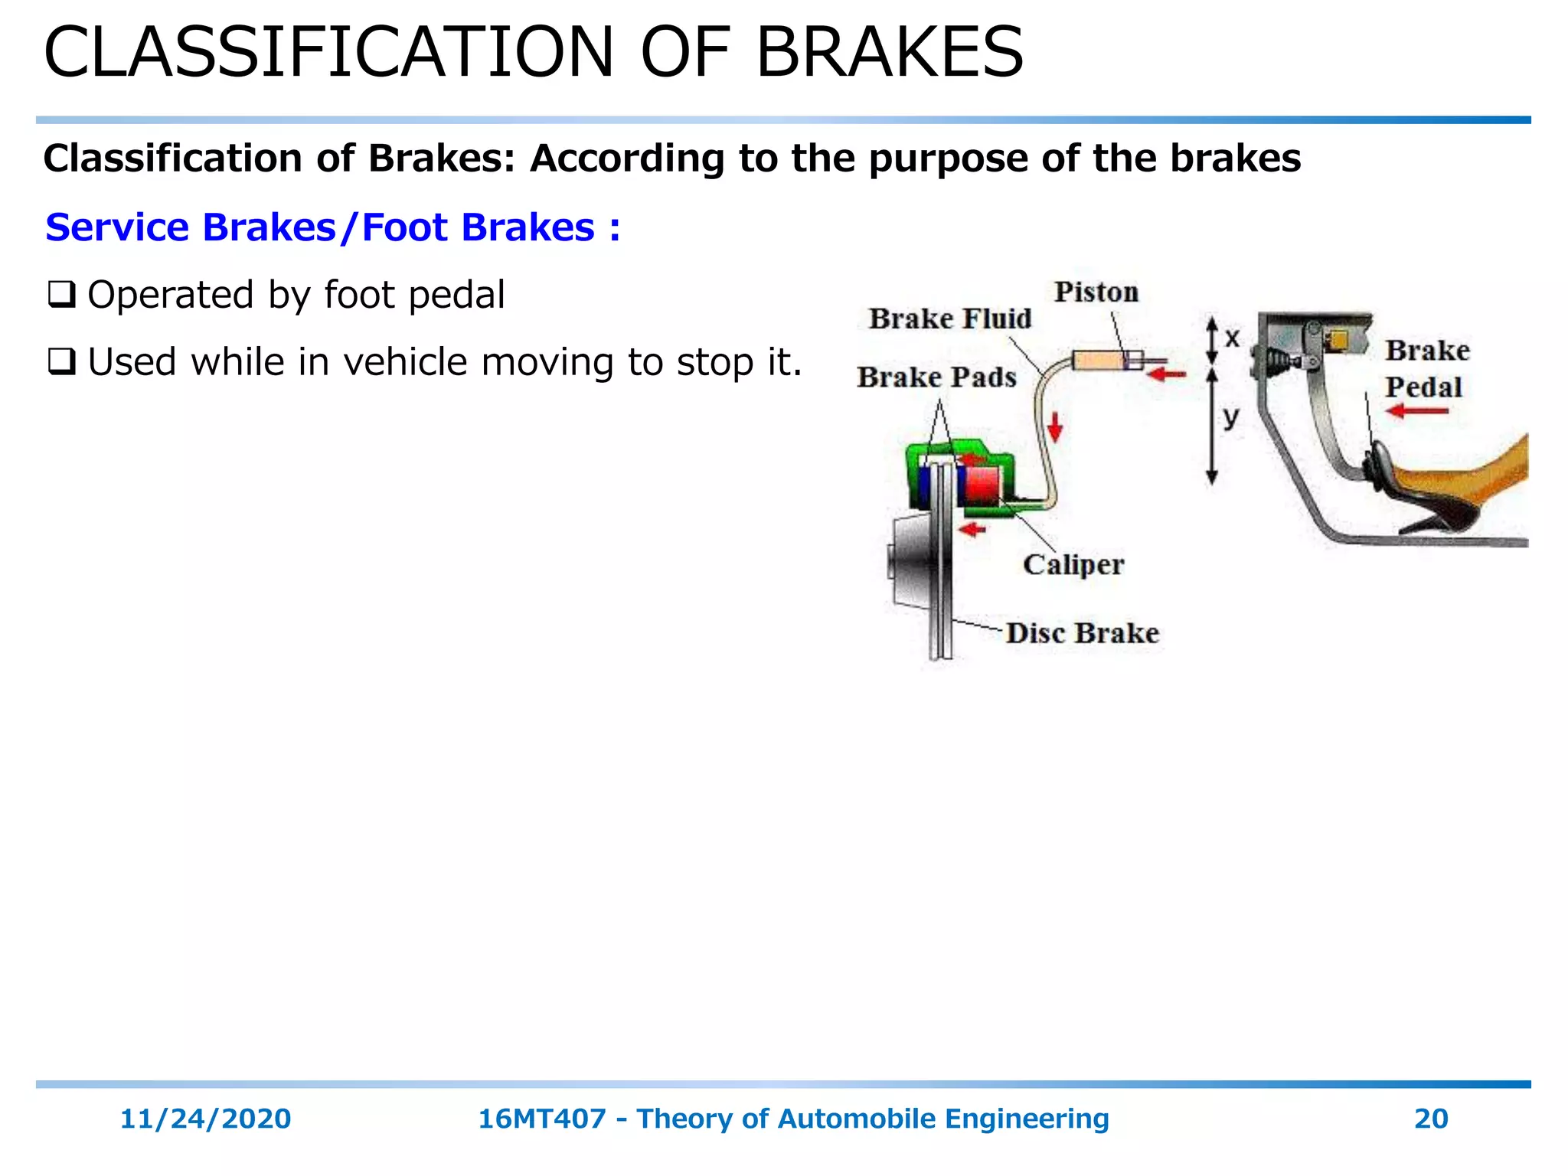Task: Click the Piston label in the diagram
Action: point(1096,292)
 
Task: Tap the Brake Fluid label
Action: point(950,318)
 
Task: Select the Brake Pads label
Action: point(936,377)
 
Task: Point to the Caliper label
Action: point(1073,565)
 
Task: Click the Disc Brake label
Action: point(1082,634)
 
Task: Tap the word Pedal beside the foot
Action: point(1423,387)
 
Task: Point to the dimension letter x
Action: point(1232,338)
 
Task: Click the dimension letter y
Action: point(1230,418)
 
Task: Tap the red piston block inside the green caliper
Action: point(982,484)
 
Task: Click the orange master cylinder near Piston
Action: point(1098,360)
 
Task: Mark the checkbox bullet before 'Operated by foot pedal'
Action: point(61,295)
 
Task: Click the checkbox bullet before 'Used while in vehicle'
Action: point(61,362)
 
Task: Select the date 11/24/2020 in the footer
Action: point(205,1119)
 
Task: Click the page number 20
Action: point(1430,1119)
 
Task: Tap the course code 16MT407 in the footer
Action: point(541,1119)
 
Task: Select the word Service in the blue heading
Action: point(116,227)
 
